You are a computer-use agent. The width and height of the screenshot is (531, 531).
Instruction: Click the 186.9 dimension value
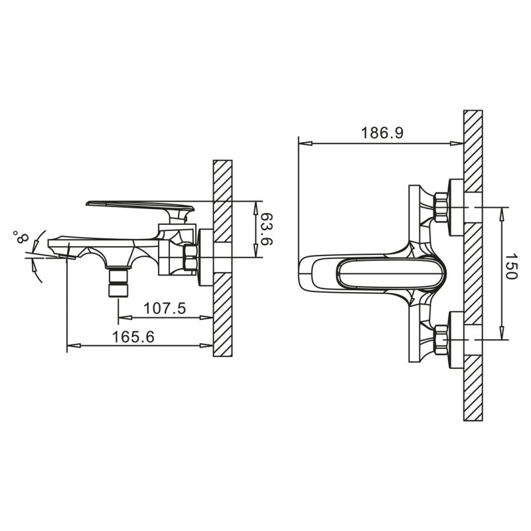pos(382,133)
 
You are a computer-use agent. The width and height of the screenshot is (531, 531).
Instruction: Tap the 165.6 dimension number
pos(133,337)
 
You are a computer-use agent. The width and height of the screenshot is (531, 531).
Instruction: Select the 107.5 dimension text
pos(165,309)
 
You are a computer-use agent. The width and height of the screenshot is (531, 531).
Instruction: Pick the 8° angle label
pos(21,238)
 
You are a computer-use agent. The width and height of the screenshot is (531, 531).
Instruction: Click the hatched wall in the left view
pos(223,258)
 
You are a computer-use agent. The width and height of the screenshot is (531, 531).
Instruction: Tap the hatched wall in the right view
pos(473,265)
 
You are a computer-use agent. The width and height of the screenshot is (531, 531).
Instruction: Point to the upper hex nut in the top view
pos(441,207)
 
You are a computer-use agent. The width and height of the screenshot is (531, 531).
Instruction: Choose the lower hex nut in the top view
pos(441,339)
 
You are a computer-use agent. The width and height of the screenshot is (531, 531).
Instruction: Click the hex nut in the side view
pos(190,258)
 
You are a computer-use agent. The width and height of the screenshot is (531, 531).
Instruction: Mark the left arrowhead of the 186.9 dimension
pos(305,143)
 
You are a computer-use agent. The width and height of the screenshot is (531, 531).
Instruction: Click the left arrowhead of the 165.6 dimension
pos(74,346)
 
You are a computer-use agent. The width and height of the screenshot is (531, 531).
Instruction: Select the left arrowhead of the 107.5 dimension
pos(125,318)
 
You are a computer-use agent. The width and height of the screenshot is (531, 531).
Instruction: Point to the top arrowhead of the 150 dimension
pos(502,213)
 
